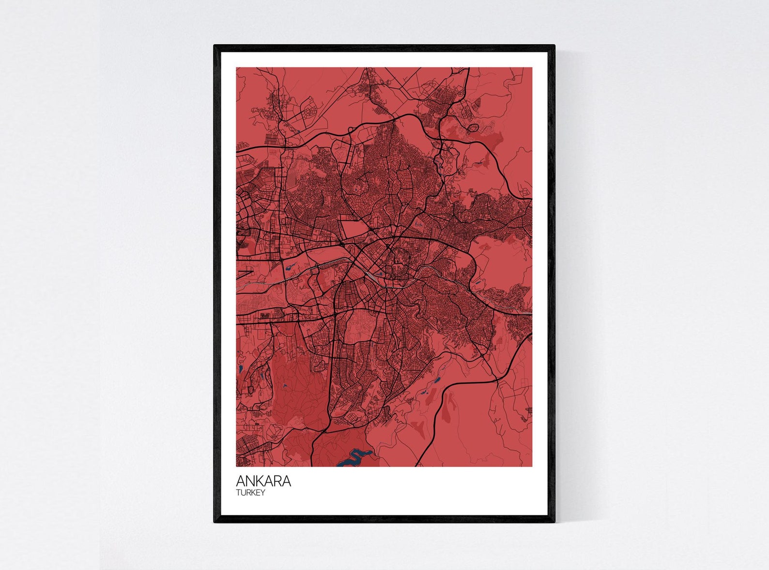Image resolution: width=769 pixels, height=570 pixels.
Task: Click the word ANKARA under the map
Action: coord(263,481)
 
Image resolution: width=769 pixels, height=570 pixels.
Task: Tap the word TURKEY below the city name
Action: coord(250,493)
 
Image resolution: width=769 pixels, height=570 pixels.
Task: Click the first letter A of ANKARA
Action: coord(241,481)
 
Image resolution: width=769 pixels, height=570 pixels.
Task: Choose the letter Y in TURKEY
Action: coord(263,493)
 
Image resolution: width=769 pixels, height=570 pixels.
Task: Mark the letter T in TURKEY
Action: coord(238,493)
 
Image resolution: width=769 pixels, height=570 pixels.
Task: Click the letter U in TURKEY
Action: coord(243,493)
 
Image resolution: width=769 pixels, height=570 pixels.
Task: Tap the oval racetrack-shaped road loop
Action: coord(473,128)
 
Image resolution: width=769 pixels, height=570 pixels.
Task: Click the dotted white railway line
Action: coord(257,283)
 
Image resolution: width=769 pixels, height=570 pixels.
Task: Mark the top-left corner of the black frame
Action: coord(215,47)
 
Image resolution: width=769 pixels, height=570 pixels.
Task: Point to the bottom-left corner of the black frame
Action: coord(215,522)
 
